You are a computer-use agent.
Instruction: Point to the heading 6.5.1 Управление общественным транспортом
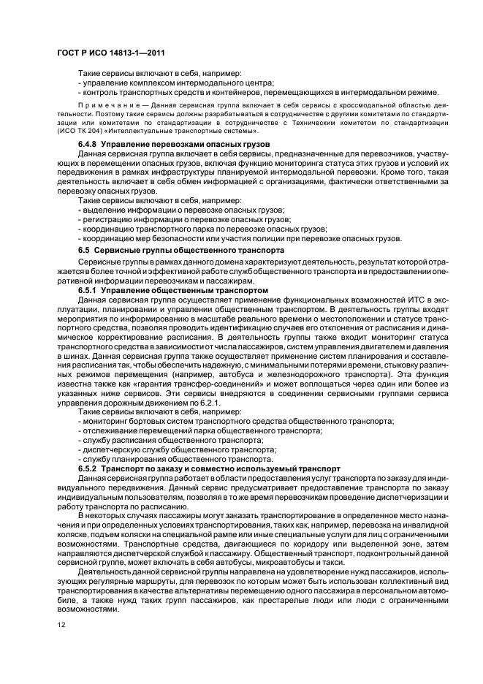[x=173, y=290]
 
